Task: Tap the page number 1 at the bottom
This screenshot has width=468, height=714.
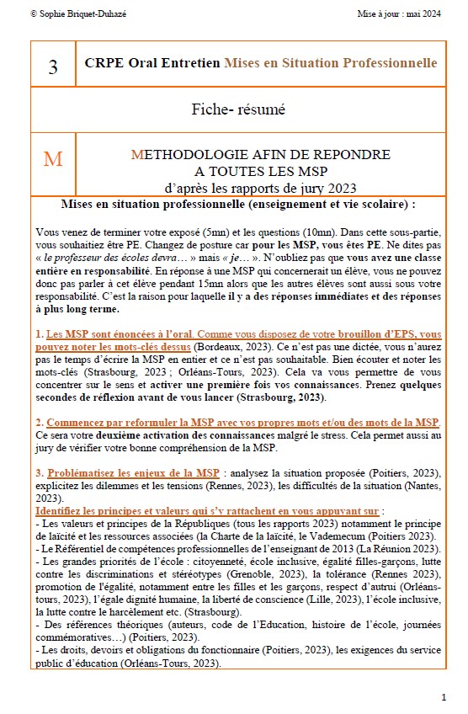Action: (x=444, y=698)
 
